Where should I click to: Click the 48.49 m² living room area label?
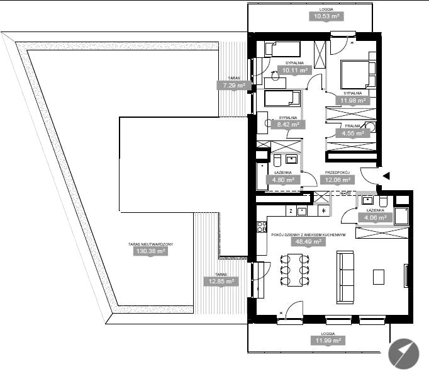tap(308, 242)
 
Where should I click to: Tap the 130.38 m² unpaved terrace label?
tap(150, 251)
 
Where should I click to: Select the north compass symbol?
tap(404, 354)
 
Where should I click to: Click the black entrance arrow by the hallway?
tap(386, 176)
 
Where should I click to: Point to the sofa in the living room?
tap(345, 277)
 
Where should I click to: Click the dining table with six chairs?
tap(294, 270)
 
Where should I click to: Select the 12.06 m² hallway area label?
tap(338, 180)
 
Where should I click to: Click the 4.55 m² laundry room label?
tap(353, 134)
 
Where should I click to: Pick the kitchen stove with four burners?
tap(262, 227)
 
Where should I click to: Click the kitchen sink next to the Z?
tap(302, 211)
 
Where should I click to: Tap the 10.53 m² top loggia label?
tap(326, 16)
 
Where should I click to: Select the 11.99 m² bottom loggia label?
tap(328, 341)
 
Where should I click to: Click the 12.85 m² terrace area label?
tap(221, 282)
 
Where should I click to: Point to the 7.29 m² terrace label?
tap(234, 85)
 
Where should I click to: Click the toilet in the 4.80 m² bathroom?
tap(277, 160)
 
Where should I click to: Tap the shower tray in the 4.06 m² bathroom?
tap(401, 217)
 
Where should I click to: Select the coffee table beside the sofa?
tap(379, 277)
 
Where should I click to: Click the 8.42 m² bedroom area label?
tap(288, 125)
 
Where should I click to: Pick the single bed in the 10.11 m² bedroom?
tap(282, 49)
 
